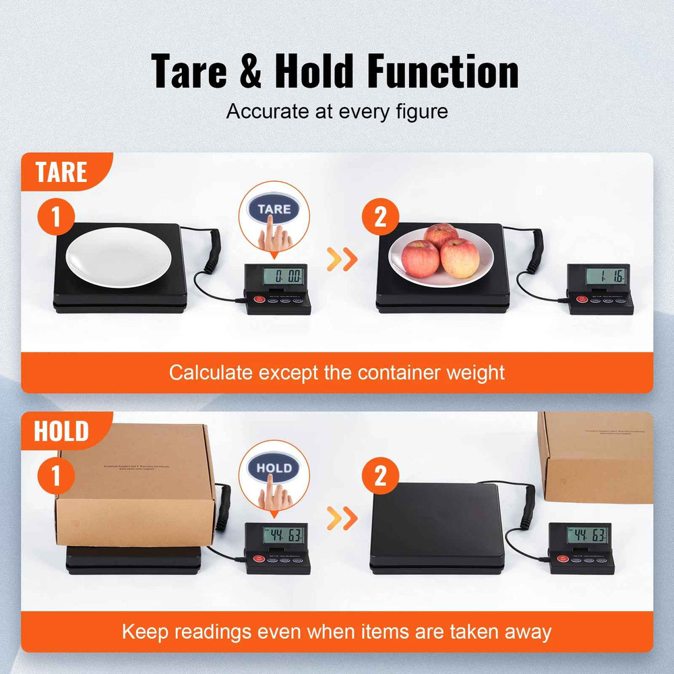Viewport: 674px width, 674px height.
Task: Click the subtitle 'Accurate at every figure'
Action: tap(337, 111)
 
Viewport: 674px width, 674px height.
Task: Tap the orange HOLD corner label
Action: tap(61, 431)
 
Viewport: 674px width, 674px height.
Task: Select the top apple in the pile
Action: tap(441, 236)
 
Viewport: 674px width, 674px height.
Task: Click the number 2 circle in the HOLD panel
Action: tap(381, 477)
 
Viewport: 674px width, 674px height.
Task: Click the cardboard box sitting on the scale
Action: tap(135, 485)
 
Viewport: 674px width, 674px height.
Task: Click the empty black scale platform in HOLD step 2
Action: tap(438, 526)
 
